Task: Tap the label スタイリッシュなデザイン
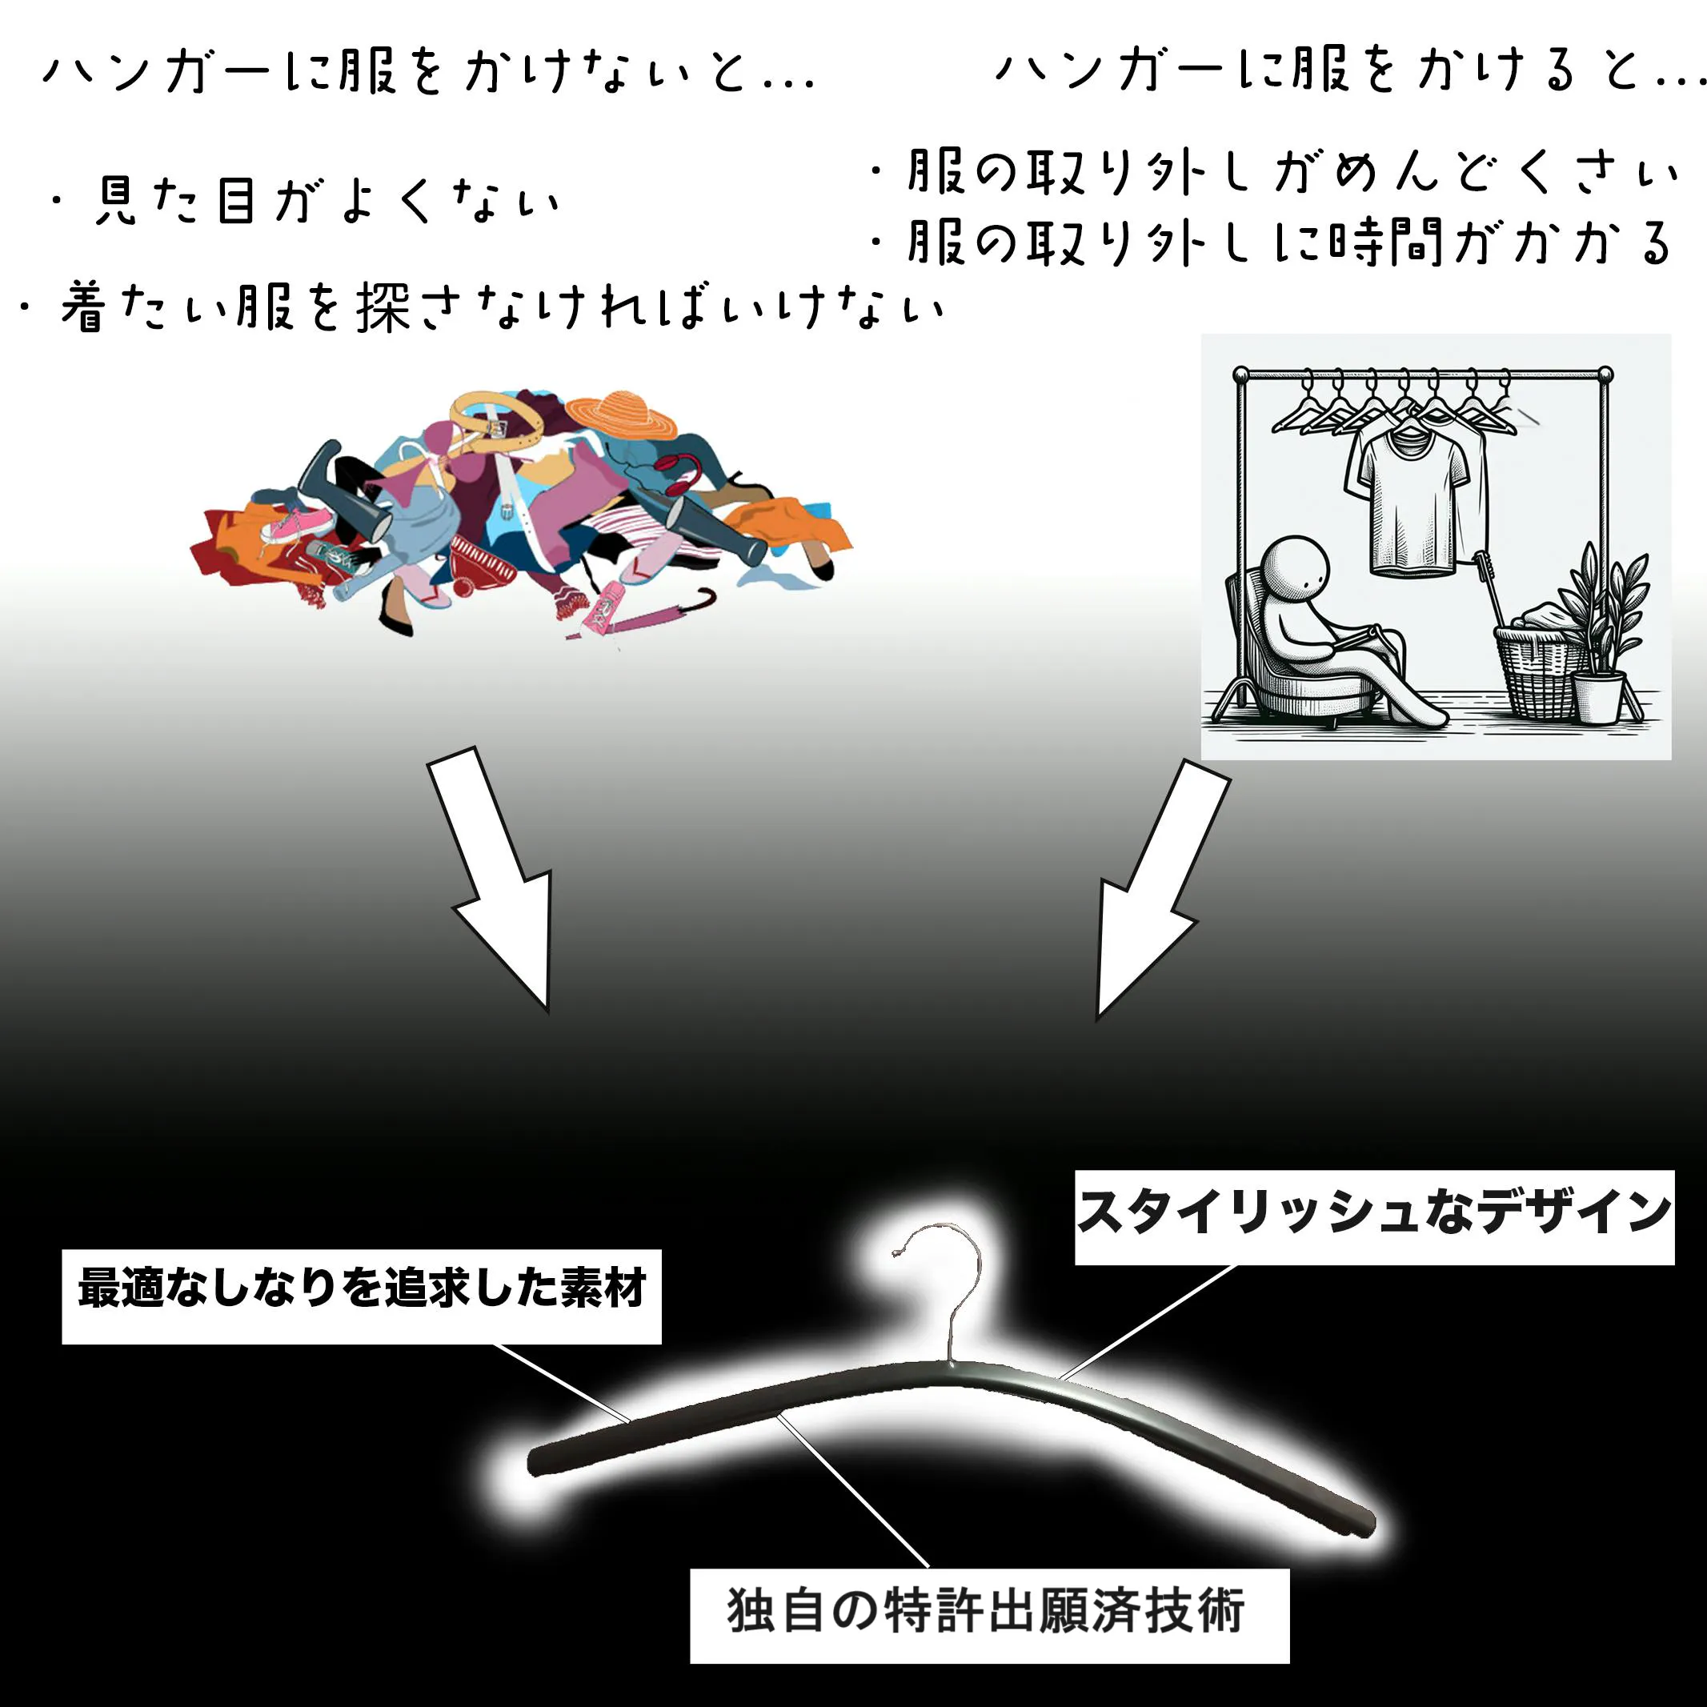click(1374, 1216)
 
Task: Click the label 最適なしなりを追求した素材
click(362, 1296)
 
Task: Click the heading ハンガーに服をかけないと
click(428, 70)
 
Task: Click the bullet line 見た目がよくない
click(305, 202)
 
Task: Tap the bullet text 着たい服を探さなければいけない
click(482, 307)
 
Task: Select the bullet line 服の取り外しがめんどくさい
click(1272, 172)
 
